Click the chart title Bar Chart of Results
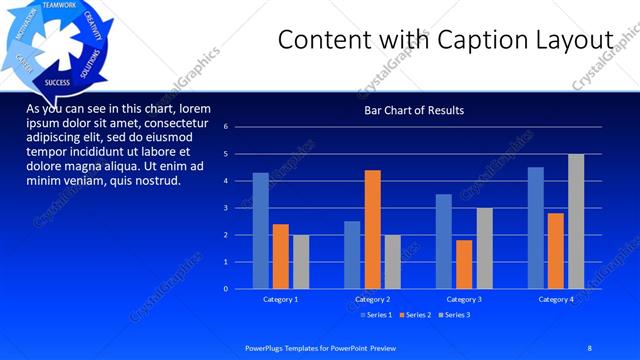tap(413, 110)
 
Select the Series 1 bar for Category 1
tap(260, 230)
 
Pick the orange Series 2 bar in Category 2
tap(372, 229)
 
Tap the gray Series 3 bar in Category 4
tap(575, 221)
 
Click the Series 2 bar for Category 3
tap(464, 264)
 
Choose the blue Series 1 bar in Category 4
tap(535, 227)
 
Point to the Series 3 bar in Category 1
tap(301, 261)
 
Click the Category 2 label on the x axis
tap(372, 299)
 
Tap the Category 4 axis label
tap(556, 299)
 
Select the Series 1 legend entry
tap(375, 315)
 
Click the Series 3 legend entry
tap(453, 315)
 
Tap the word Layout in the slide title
tap(574, 40)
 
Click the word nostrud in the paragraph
tap(155, 181)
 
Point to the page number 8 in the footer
tap(590, 347)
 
